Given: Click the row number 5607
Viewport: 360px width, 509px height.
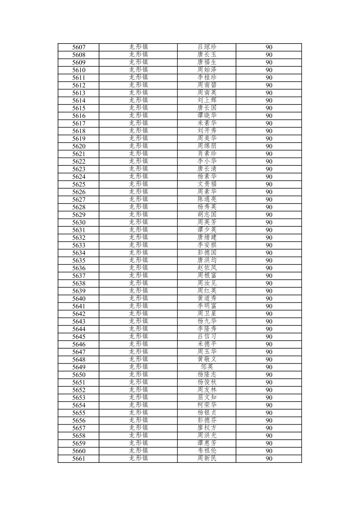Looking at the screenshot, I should pos(79,47).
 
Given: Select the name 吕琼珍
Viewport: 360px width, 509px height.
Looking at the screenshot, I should pos(207,47).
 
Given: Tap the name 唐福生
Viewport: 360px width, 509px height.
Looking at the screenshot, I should pos(207,62).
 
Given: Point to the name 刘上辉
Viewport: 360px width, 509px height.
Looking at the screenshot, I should pos(207,100).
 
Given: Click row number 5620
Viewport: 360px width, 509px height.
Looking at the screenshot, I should pos(79,146).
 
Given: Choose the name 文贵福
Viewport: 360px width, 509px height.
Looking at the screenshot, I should pos(207,184).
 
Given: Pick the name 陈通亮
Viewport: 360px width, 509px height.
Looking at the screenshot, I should pos(207,200).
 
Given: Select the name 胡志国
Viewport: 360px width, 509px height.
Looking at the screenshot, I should pos(207,215).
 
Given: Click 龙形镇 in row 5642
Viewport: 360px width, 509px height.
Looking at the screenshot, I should pos(138,314).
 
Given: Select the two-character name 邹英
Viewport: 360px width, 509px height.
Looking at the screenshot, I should pos(207,367).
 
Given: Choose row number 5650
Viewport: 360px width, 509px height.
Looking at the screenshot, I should pos(79,375).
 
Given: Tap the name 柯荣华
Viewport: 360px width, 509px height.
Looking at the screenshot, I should pos(207,405).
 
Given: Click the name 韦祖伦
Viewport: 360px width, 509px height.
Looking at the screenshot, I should pos(207,451).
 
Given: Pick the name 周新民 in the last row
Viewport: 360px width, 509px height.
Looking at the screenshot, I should pos(207,458).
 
